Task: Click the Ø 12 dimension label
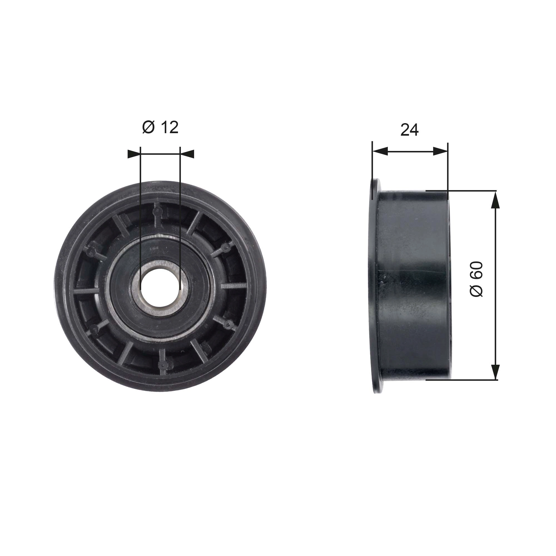tap(160, 127)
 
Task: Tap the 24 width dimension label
tap(409, 130)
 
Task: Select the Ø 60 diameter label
tap(476, 279)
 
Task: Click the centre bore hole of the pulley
tap(160, 287)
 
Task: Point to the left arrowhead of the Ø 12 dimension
tap(134, 154)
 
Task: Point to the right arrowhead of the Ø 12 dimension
tap(187, 154)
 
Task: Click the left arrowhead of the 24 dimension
tap(380, 151)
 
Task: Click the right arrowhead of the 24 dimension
tap(441, 151)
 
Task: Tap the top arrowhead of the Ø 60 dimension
tap(495, 200)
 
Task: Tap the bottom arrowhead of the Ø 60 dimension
tap(495, 371)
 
